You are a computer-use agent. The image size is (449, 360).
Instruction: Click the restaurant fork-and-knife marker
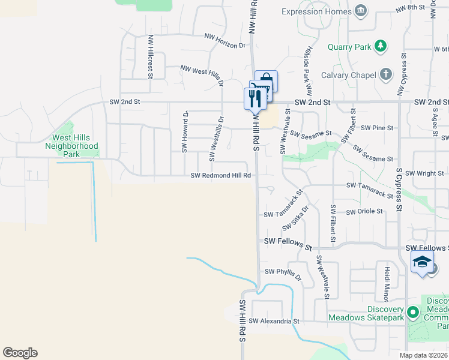click(254, 97)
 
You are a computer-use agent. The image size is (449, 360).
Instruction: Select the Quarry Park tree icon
click(380, 46)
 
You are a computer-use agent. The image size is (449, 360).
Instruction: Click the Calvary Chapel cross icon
click(386, 74)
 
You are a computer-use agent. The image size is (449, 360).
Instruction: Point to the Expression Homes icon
click(360, 11)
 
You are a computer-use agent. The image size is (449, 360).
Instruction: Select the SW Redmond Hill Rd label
click(220, 176)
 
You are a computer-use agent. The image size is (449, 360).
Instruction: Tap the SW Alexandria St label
click(274, 322)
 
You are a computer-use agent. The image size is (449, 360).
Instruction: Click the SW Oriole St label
click(364, 211)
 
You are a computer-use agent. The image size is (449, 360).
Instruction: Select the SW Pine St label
click(376, 128)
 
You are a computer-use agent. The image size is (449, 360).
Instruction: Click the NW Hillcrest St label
click(149, 55)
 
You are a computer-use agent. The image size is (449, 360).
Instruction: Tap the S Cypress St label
click(399, 190)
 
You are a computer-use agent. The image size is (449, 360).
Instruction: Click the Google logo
click(20, 353)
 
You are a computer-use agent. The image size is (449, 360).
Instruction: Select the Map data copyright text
click(423, 355)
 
